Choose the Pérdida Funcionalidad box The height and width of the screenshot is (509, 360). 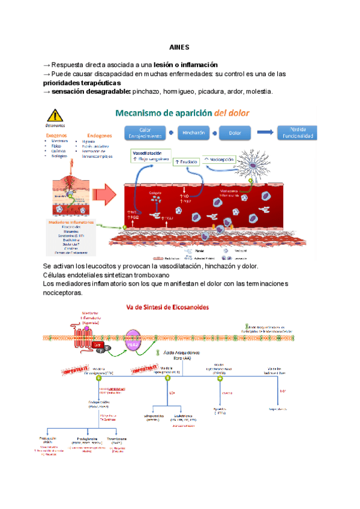[x=296, y=133]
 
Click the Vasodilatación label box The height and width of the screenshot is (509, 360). [x=150, y=156]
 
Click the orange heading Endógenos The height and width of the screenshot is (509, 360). [x=100, y=136]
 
